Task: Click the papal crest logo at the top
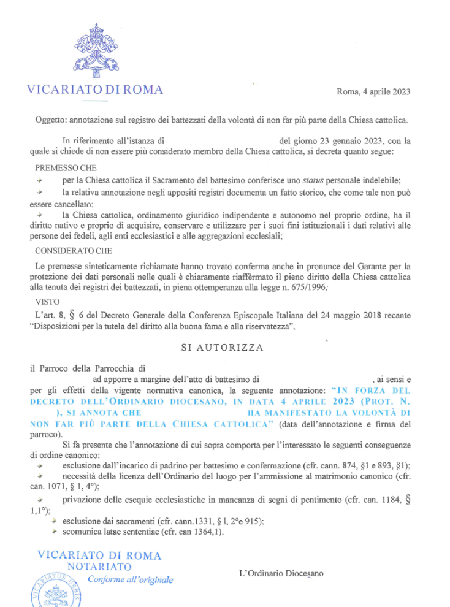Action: (96, 50)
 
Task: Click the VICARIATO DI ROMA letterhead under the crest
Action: (95, 90)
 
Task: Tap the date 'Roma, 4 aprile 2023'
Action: (373, 91)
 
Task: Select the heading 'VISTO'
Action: (48, 302)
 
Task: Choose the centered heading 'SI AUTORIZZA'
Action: (223, 348)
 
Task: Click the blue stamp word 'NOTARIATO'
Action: (99, 567)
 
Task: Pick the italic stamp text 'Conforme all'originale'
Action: (130, 580)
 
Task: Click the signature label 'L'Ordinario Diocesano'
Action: (281, 573)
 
